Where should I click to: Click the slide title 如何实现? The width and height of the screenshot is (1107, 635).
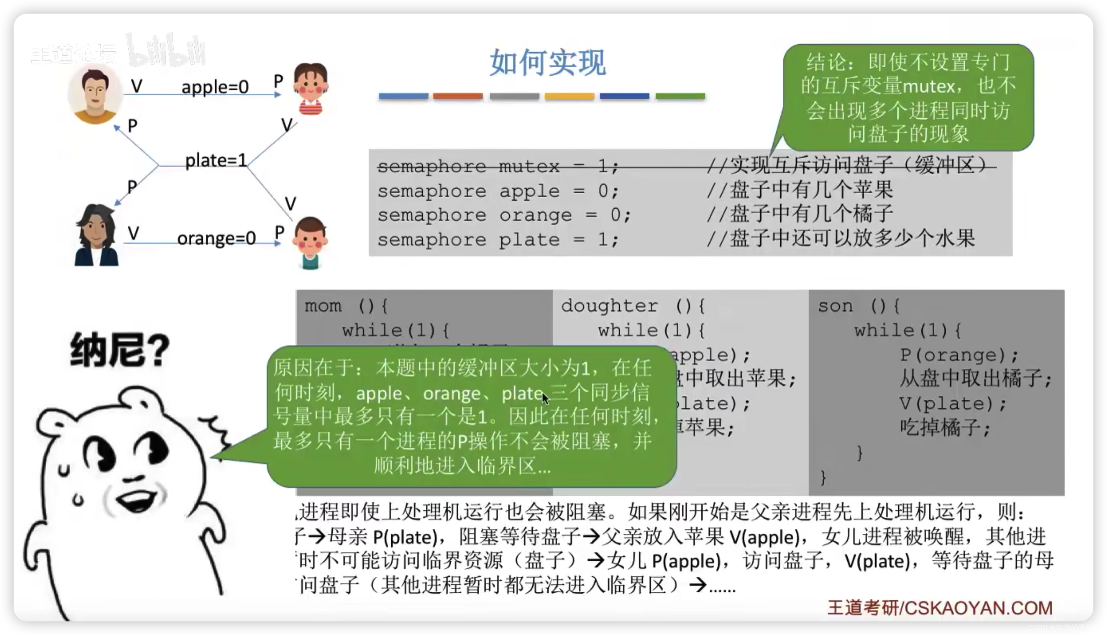547,63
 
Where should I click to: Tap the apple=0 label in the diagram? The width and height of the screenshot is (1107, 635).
215,87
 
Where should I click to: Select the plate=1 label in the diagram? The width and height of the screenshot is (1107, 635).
216,161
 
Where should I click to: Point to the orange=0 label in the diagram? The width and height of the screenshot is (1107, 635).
216,239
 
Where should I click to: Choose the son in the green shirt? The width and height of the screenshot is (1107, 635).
310,242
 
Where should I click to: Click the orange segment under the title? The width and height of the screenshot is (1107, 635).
457,96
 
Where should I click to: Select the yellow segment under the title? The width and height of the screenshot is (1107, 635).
569,96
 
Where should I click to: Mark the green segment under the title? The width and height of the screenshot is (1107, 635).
680,96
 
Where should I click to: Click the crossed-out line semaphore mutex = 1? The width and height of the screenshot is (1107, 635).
497,167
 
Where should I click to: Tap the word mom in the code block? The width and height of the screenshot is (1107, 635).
323,306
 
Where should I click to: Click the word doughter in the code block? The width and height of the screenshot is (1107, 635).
609,306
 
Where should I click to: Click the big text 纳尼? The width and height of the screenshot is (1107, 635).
119,350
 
